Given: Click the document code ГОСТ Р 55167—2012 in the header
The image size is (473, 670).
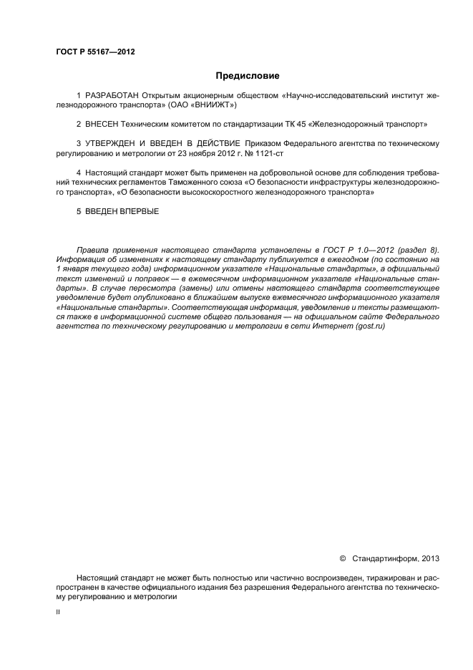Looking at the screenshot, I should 95,52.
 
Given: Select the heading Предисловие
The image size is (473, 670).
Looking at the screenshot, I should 248,76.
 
